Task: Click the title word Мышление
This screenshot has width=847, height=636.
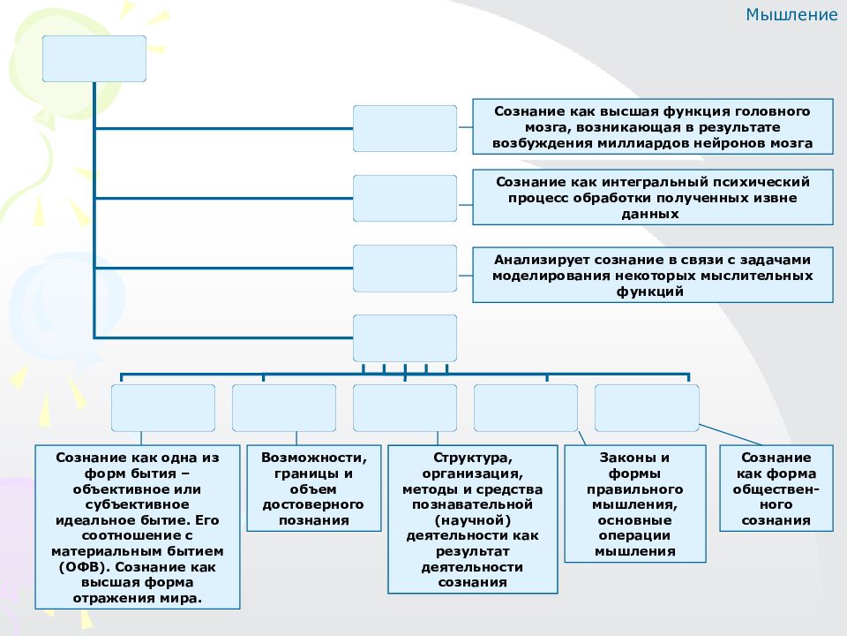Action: pyautogui.click(x=791, y=15)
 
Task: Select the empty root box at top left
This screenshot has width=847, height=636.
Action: pyautogui.click(x=94, y=58)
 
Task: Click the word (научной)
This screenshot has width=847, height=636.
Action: pyautogui.click(x=473, y=520)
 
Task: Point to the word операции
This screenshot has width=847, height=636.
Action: pyautogui.click(x=634, y=535)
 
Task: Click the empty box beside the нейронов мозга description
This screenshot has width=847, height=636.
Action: pyautogui.click(x=405, y=128)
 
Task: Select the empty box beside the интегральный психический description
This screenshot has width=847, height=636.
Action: pyautogui.click(x=405, y=198)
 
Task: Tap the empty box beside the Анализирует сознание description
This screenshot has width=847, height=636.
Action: pyautogui.click(x=405, y=269)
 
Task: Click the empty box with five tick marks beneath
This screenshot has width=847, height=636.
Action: pyautogui.click(x=405, y=338)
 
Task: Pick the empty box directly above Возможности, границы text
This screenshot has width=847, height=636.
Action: pyautogui.click(x=284, y=408)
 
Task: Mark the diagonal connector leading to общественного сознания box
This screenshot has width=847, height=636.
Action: pyautogui.click(x=731, y=435)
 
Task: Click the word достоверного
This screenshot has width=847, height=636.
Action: pyautogui.click(x=313, y=504)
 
